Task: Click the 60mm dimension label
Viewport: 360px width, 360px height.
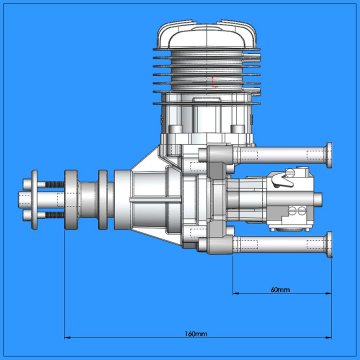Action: pos(280,289)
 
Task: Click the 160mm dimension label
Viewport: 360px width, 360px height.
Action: pos(196,333)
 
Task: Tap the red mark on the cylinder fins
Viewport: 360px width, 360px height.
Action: pos(215,82)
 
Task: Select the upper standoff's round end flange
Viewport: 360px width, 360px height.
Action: pos(329,155)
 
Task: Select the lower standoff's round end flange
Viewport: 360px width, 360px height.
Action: pos(329,245)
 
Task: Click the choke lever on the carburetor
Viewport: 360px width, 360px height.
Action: pos(282,180)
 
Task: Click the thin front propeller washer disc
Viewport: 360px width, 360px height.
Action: pos(34,200)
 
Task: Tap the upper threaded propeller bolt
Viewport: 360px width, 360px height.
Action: pos(53,184)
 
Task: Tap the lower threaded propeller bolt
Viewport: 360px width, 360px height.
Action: pos(53,215)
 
